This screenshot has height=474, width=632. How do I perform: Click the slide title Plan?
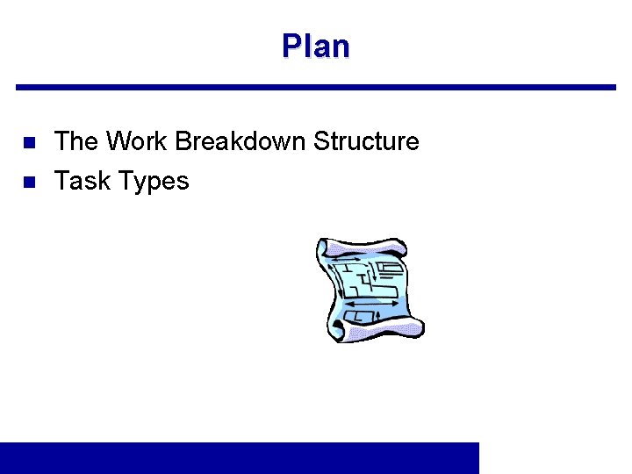(x=315, y=46)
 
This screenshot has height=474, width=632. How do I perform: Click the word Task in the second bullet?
(x=82, y=181)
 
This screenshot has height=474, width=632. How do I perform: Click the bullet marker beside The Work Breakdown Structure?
(x=28, y=142)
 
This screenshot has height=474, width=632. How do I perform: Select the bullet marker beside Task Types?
(x=28, y=182)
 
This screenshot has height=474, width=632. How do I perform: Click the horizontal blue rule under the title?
(x=316, y=87)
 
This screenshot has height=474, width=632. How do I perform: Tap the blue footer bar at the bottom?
(x=240, y=457)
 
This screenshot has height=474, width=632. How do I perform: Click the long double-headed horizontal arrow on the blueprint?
(x=372, y=304)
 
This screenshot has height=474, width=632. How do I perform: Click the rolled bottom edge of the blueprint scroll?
(x=377, y=330)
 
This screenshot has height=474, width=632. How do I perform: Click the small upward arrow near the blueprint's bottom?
(x=377, y=315)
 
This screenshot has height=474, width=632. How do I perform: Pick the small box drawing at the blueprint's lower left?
(x=355, y=315)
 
